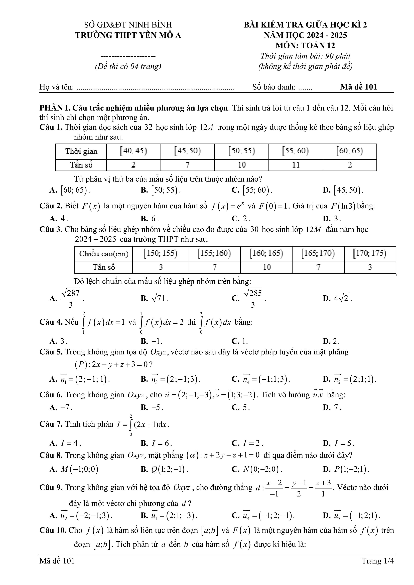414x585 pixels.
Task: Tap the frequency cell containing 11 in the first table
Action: click(x=296, y=165)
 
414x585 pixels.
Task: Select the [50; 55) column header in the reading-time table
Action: click(x=242, y=151)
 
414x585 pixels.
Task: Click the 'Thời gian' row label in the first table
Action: click(x=81, y=151)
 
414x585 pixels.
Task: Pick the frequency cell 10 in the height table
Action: click(x=266, y=267)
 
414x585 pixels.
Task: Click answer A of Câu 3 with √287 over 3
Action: click(x=71, y=298)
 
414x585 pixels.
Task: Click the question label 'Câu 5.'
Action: click(x=51, y=352)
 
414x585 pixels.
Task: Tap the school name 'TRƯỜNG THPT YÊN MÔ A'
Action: click(x=128, y=35)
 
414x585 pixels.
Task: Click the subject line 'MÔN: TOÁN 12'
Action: click(x=305, y=46)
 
